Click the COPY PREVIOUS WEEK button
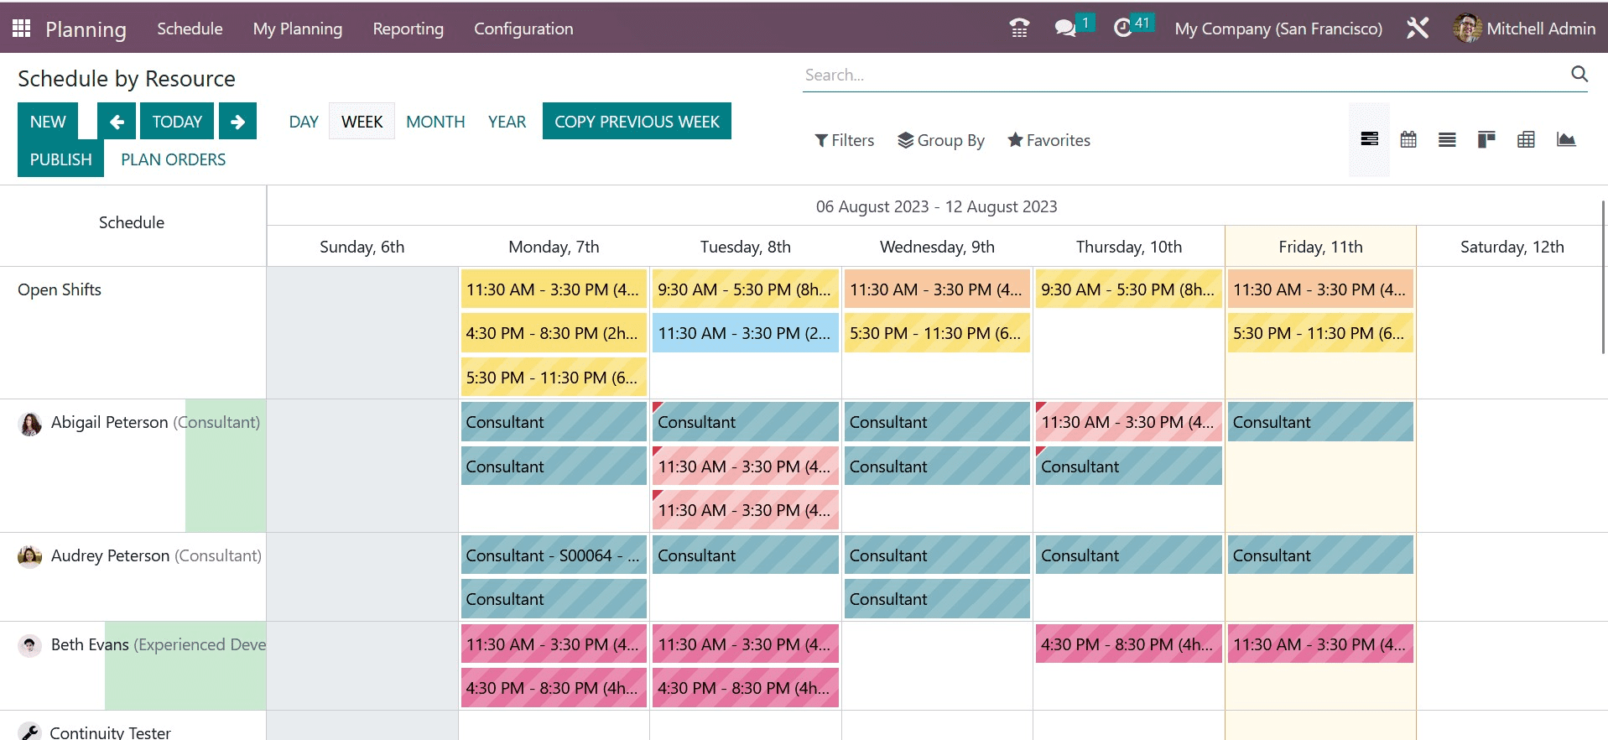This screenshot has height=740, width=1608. (637, 122)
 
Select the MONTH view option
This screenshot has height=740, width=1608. (435, 122)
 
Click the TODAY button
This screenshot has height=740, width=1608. (177, 122)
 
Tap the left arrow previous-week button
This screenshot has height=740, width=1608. (117, 122)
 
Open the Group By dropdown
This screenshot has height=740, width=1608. (941, 140)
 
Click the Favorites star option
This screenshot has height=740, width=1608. (1049, 140)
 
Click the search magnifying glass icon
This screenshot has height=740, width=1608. (1579, 74)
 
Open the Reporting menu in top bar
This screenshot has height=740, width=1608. (408, 29)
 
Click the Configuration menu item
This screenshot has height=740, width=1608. (523, 29)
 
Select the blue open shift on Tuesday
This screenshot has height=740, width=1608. (745, 333)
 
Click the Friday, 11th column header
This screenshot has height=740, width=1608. (1320, 247)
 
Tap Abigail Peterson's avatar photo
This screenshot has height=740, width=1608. (30, 424)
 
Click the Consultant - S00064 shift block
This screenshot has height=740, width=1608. (554, 555)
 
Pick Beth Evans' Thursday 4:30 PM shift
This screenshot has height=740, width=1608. (1128, 644)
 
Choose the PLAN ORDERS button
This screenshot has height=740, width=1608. (173, 159)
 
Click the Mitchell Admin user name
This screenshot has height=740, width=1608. (1540, 29)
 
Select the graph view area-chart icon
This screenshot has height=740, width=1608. (1565, 139)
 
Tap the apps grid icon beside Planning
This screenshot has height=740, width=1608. (22, 29)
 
